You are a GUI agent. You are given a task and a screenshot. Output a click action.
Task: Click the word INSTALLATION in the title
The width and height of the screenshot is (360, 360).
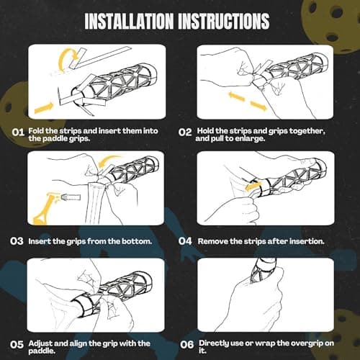(129, 21)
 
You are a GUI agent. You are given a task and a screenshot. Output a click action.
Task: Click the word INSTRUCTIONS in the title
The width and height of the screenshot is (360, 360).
(224, 21)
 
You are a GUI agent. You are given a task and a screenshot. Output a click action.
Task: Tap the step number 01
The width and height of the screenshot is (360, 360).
(18, 132)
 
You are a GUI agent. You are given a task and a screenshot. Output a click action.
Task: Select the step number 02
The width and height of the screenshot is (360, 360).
(185, 132)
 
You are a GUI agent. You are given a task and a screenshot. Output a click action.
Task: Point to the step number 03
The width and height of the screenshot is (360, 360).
(17, 241)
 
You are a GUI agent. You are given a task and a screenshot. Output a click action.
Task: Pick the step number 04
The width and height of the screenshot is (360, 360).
(185, 241)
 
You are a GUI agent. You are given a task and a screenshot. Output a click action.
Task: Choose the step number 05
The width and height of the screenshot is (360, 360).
(17, 345)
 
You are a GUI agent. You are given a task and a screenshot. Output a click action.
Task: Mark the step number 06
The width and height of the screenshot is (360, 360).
(187, 345)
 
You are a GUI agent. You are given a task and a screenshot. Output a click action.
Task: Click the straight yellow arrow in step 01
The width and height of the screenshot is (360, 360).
(44, 108)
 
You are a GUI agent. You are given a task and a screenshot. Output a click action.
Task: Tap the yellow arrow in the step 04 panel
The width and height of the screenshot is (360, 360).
(252, 186)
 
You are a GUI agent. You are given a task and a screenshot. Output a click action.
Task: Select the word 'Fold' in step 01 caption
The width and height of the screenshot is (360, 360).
(36, 131)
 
